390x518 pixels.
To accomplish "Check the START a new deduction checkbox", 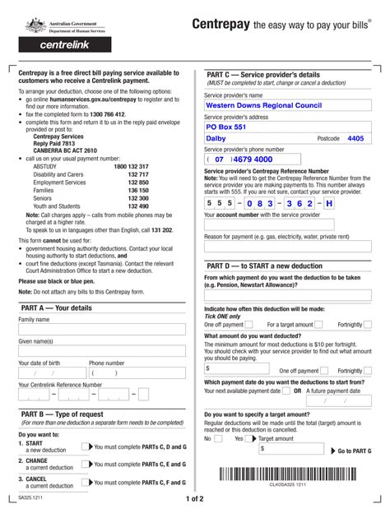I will click(x=86, y=447).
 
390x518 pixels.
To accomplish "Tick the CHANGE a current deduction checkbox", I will click(x=86, y=465).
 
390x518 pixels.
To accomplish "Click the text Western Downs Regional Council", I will click(x=262, y=106).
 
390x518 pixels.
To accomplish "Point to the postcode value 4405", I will click(x=355, y=139).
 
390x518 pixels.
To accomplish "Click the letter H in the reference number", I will click(x=329, y=202).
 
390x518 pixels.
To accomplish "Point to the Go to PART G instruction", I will click(x=355, y=451).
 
